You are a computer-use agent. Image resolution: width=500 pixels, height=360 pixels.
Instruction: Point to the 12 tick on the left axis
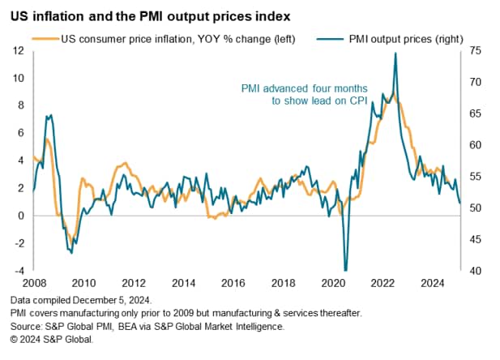18,51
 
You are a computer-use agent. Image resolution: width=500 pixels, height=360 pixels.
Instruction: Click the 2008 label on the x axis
33,284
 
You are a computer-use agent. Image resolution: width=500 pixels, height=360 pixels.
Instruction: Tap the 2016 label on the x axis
233,284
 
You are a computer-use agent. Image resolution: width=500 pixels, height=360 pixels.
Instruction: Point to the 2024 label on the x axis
432,284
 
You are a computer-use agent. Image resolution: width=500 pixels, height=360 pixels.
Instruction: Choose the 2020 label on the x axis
333,284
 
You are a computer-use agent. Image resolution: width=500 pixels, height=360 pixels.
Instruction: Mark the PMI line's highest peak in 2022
395,53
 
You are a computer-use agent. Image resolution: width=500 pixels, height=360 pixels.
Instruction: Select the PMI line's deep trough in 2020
345,269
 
